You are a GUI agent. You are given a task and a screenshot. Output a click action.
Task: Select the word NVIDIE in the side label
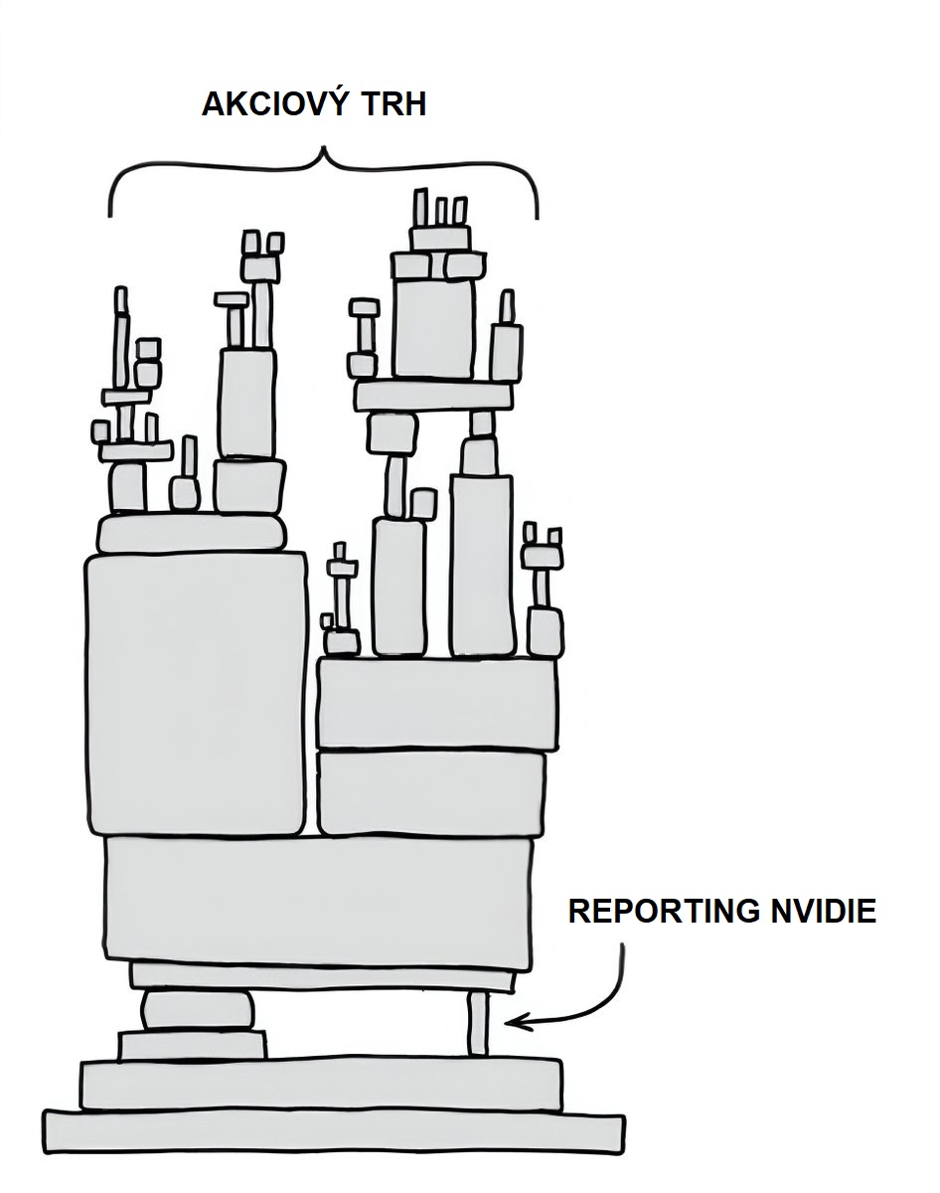(x=824, y=911)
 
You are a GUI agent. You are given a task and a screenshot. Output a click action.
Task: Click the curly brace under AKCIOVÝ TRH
(x=323, y=179)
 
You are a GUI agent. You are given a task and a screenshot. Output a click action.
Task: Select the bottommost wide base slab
(x=334, y=1132)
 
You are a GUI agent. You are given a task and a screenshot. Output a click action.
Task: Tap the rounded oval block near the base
(x=198, y=1011)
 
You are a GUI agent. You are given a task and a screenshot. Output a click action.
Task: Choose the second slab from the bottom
(x=320, y=1084)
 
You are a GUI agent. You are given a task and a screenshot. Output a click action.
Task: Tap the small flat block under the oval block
(x=193, y=1046)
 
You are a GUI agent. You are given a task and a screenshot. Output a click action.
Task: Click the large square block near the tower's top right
(x=433, y=330)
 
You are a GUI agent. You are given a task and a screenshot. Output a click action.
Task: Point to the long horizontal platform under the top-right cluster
(x=435, y=396)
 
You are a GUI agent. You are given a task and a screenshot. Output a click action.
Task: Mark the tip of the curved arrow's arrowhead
(x=507, y=1021)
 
